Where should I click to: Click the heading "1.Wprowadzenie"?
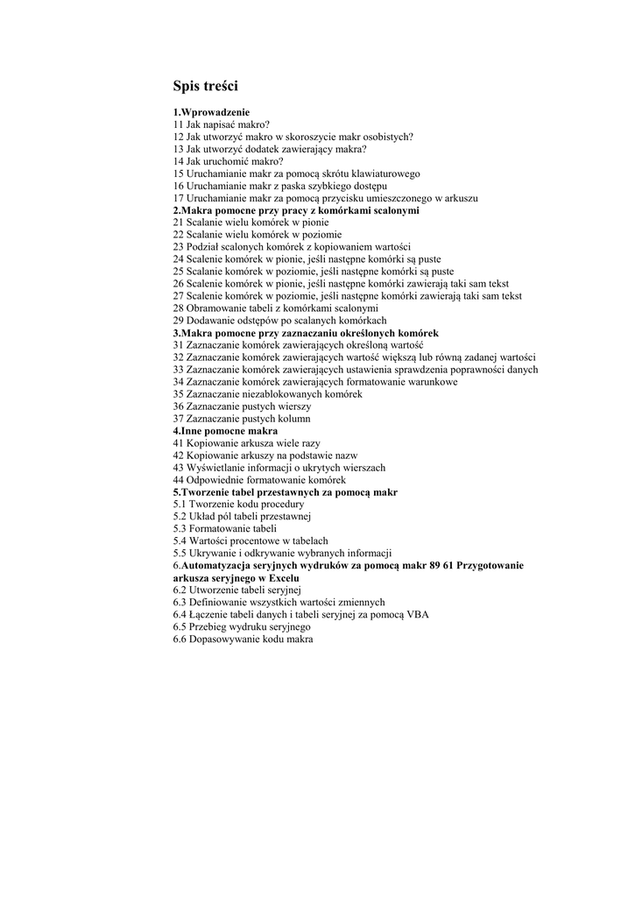tap(211, 112)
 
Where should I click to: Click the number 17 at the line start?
tap(178, 198)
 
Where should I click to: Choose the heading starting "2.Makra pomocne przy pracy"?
tap(296, 210)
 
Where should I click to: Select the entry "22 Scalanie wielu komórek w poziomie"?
tap(258, 235)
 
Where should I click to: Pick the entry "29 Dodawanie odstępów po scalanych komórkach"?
tap(279, 321)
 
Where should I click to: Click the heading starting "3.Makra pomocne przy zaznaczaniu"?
tap(306, 333)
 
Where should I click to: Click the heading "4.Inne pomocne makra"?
tap(225, 431)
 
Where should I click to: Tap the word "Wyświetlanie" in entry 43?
tap(215, 468)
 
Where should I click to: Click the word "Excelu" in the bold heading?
tap(282, 578)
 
